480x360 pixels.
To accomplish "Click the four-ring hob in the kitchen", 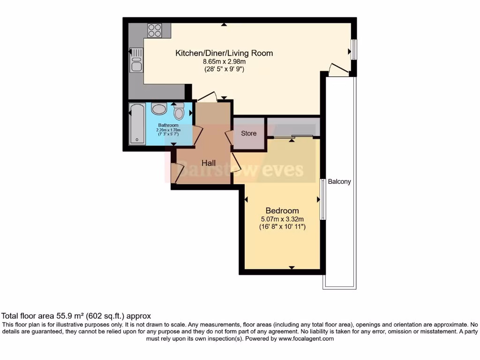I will tap(154, 30).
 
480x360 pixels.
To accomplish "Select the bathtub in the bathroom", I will tap(137, 123).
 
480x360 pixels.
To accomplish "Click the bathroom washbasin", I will tap(159, 109).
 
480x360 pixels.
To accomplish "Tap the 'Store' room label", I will tap(249, 133).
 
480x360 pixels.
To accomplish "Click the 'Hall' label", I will tap(209, 163).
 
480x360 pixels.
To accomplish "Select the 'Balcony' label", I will tap(339, 181).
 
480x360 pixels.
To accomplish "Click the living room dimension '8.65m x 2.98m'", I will tap(224, 61).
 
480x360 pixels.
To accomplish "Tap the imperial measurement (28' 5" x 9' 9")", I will tap(224, 69).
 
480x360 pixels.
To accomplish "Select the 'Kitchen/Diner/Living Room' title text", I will tap(224, 53).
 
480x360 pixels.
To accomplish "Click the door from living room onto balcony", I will tap(338, 70).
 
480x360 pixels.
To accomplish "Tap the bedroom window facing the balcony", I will tap(322, 199).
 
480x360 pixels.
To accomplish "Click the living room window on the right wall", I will tap(354, 50).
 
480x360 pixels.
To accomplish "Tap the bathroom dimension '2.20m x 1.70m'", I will tap(168, 130).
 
